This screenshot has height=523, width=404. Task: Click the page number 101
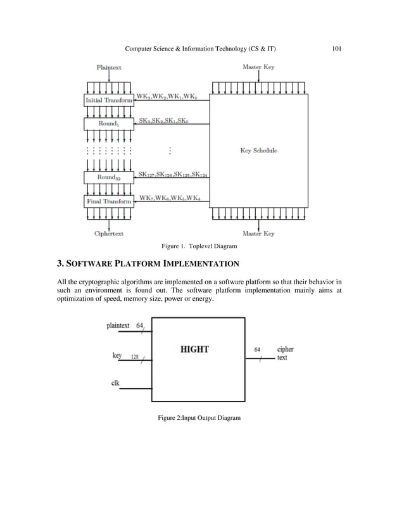[337, 48]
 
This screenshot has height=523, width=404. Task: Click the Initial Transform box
[108, 100]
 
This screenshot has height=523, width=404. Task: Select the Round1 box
[108, 123]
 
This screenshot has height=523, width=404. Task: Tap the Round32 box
[108, 178]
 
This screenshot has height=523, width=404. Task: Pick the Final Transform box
[108, 201]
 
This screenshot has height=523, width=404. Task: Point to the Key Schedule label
[258, 151]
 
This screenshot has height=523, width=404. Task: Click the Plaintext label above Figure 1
[109, 66]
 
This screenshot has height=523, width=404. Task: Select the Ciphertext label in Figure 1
[109, 234]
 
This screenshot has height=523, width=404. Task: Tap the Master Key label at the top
[258, 66]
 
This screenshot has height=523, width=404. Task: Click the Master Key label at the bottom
[258, 234]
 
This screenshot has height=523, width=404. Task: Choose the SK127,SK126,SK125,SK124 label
[173, 175]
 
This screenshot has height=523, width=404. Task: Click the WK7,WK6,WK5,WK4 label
[171, 198]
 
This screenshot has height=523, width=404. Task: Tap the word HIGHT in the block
[194, 349]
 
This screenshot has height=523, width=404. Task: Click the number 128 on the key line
[135, 357]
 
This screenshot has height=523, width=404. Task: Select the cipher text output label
[285, 353]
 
